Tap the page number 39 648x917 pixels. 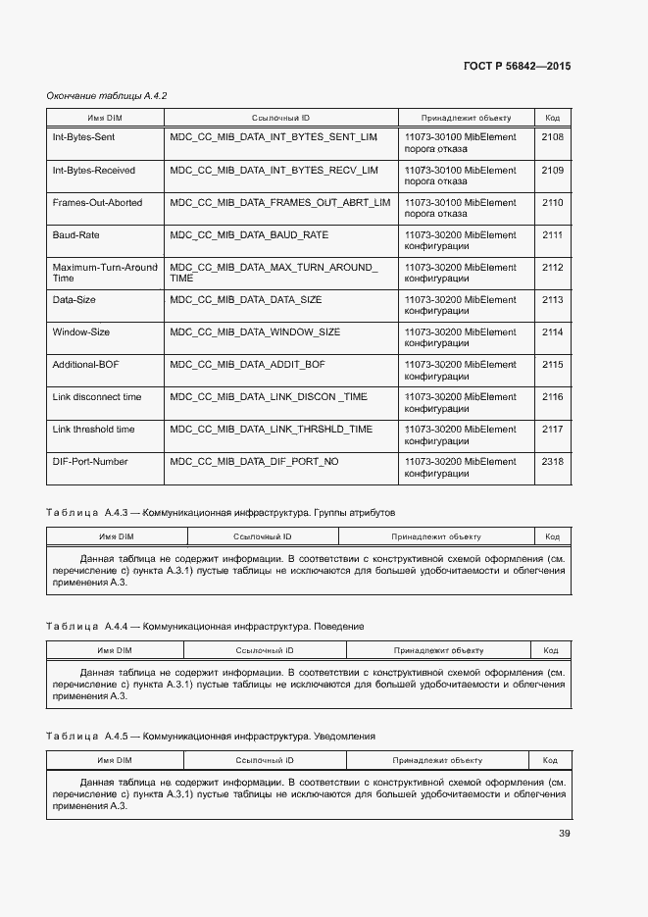tap(565, 834)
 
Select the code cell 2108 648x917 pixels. tap(552, 137)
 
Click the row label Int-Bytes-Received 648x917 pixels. tap(94, 170)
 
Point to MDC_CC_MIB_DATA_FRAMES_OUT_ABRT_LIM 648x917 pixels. tap(279, 202)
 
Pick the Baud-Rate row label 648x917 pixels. tap(75, 234)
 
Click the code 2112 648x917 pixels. tap(552, 267)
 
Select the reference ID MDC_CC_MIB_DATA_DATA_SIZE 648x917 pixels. tap(245, 299)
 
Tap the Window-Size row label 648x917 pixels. tap(81, 331)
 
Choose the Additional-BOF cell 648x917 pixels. tap(85, 364)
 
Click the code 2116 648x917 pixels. tap(552, 396)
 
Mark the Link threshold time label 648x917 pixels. tap(94, 429)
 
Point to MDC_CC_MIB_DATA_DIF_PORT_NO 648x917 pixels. tap(254, 461)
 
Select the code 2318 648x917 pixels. tap(552, 461)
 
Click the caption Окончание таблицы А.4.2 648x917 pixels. tap(108, 95)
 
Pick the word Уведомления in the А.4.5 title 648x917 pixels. tap(344, 736)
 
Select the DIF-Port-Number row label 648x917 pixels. tap(90, 461)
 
